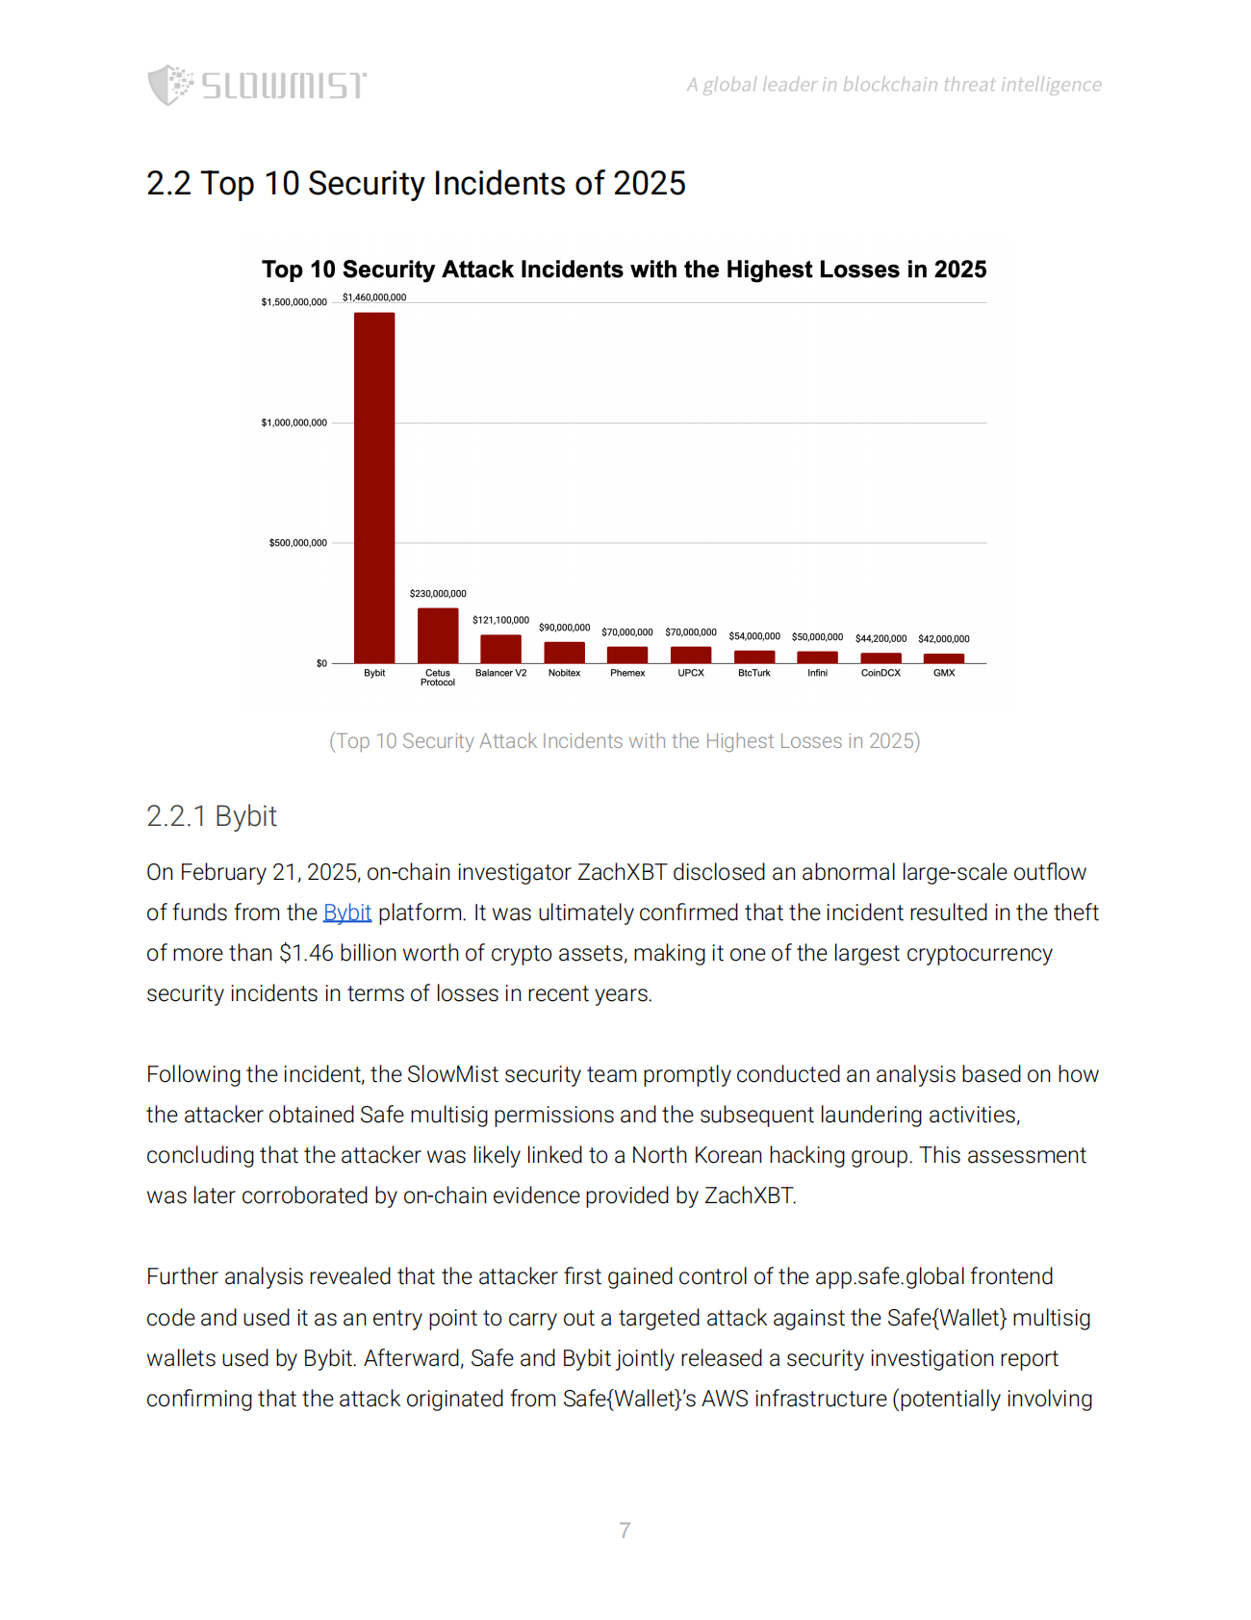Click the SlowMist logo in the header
pos(257,85)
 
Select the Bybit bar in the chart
pos(374,487)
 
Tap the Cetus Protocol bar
pos(438,635)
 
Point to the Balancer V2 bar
pos(500,649)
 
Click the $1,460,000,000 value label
pos(374,297)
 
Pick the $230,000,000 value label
pos(438,594)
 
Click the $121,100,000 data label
pos(500,620)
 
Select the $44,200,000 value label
pos(881,638)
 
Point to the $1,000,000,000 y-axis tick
pos(294,423)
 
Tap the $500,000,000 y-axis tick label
pos(298,543)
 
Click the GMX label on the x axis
pos(944,673)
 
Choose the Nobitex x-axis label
pos(564,673)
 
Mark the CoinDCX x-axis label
pos(881,673)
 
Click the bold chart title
pos(625,270)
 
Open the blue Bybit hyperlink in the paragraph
pos(347,913)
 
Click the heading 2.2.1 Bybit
pos(212,816)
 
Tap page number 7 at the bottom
pos(625,1530)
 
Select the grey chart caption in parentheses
pos(625,741)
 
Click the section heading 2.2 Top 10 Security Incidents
pos(416,184)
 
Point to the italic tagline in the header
pos(894,85)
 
